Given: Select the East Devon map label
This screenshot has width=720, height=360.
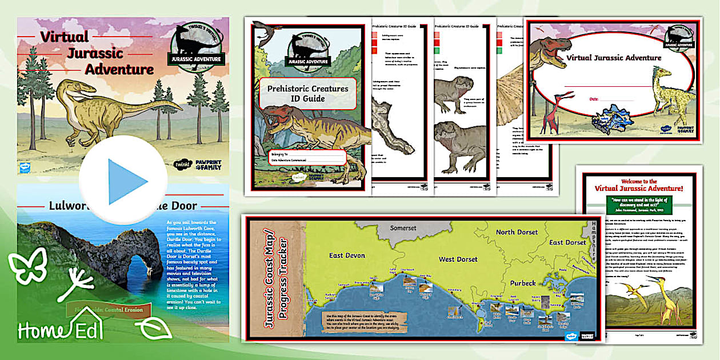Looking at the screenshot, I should (x=346, y=255).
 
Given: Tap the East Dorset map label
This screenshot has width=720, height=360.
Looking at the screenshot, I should (x=567, y=242).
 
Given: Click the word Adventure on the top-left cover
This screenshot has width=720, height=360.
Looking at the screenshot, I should (x=119, y=70).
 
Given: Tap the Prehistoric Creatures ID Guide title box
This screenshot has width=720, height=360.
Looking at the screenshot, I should (x=309, y=94).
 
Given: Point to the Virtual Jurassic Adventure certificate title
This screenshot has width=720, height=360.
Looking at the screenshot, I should (x=614, y=58).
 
